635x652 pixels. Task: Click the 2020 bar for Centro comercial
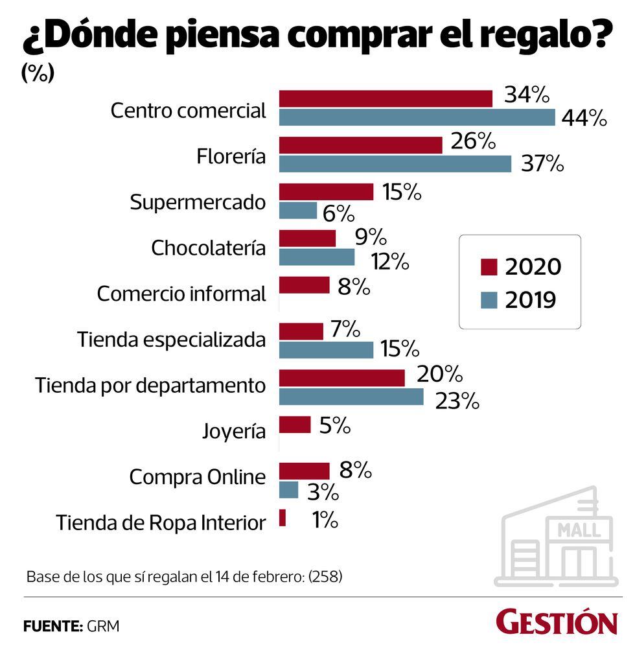(x=386, y=99)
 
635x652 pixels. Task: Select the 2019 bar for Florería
(x=395, y=164)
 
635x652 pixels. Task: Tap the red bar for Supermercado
(x=326, y=192)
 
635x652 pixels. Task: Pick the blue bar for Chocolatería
(x=317, y=257)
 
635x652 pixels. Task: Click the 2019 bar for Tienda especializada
(x=326, y=350)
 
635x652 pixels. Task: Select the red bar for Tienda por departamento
(x=341, y=378)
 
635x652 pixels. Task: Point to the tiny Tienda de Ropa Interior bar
(x=283, y=518)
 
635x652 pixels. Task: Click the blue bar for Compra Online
(x=289, y=490)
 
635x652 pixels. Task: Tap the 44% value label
(x=585, y=118)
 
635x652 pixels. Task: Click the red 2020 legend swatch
(x=489, y=267)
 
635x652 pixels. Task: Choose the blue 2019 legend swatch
(x=489, y=300)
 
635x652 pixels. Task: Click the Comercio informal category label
(x=181, y=294)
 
